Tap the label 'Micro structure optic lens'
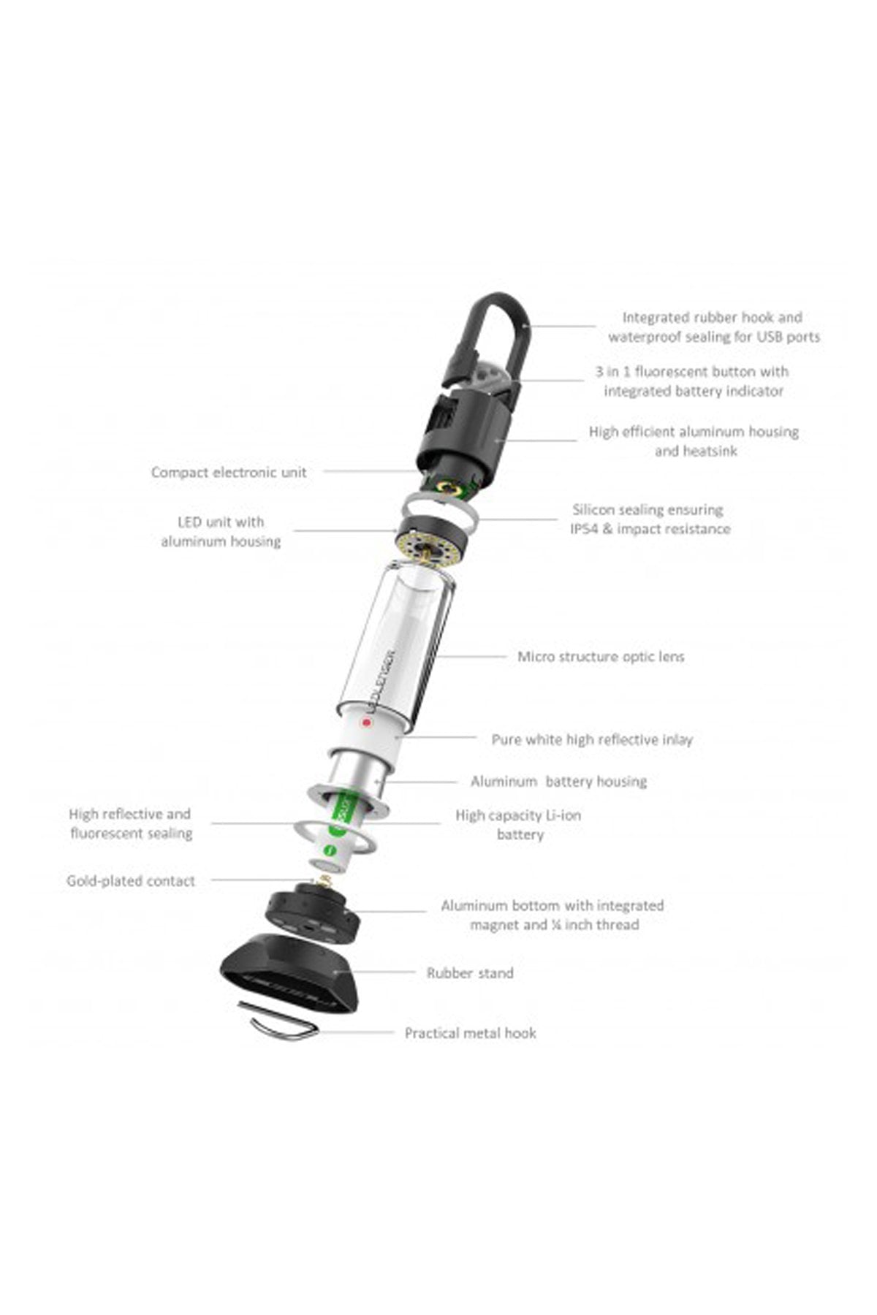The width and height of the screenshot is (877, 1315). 601,656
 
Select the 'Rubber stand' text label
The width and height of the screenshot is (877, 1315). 470,972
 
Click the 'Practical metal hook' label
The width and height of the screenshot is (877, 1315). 470,1032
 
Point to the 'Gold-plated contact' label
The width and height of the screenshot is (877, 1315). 131,880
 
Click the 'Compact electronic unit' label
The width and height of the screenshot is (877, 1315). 229,472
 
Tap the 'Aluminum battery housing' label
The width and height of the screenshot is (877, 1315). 558,781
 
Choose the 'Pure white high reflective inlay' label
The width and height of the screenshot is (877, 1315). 592,739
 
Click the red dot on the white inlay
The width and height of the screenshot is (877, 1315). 367,723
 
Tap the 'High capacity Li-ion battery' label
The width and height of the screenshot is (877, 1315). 519,824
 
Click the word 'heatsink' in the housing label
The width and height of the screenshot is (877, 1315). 696,451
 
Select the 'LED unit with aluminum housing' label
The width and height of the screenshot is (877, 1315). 221,531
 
